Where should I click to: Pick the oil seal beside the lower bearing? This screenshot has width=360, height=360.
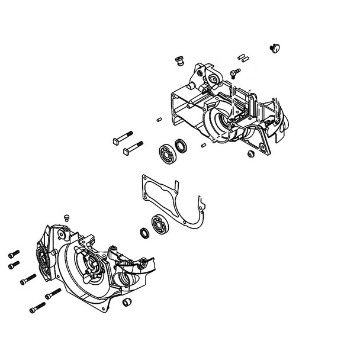[144, 233]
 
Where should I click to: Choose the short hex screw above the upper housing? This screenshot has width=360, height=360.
[236, 72]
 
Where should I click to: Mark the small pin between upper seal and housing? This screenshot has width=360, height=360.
[203, 144]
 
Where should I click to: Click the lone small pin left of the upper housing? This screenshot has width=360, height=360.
[160, 119]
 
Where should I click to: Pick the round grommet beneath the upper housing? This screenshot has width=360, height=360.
[251, 154]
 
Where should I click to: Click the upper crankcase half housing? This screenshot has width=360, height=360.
[231, 112]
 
